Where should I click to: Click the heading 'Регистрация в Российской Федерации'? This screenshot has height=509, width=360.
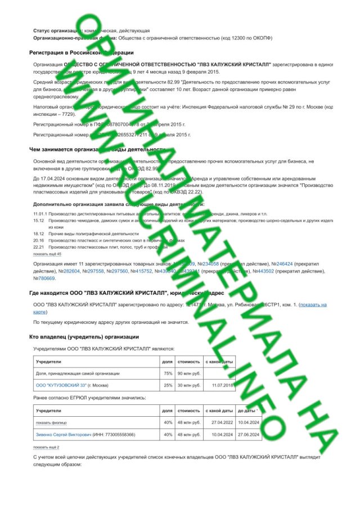tap(73, 52)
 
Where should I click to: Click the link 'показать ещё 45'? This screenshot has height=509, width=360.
tap(47, 254)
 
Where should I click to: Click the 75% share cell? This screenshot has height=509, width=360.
tap(167, 373)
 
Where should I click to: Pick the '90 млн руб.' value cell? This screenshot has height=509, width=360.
tap(188, 373)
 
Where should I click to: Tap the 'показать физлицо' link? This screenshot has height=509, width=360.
tap(51, 422)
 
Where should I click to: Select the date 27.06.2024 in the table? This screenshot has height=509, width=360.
tap(247, 434)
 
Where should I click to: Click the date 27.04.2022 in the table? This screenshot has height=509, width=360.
tap(219, 422)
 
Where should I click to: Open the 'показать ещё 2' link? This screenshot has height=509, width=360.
tap(46, 447)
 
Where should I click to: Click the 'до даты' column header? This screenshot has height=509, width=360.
tap(247, 411)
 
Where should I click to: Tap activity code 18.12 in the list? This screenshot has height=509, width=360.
tap(38, 233)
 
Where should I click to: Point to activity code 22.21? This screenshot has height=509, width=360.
tap(38, 247)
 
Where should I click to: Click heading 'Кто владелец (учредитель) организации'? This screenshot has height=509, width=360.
tap(84, 337)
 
